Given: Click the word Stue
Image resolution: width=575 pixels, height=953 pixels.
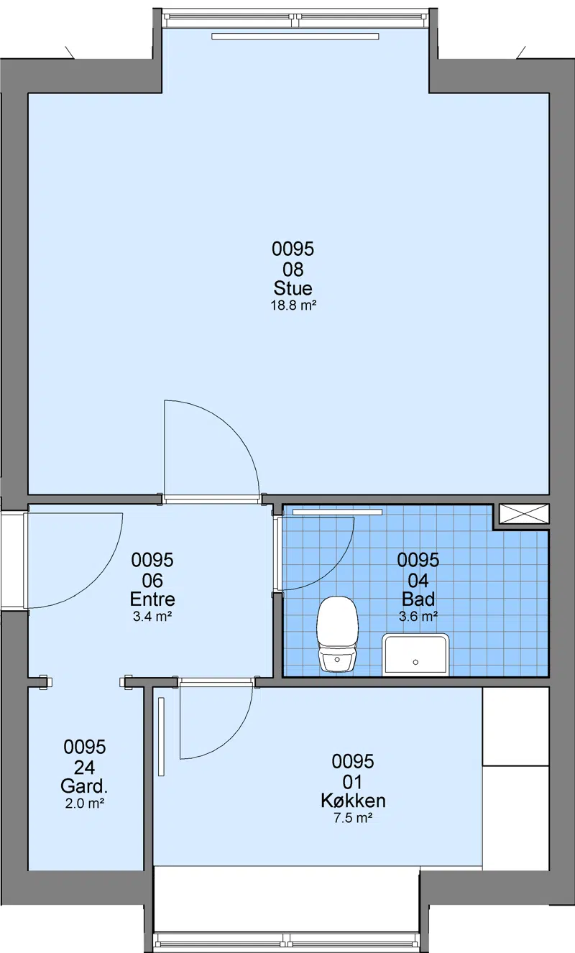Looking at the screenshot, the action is coord(293,288).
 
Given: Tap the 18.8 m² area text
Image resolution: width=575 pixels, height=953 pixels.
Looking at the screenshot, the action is coord(293,305).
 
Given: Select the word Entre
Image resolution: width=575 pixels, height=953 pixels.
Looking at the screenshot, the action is coord(152,599).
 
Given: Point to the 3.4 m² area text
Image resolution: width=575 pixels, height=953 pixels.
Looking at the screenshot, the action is coord(152,617).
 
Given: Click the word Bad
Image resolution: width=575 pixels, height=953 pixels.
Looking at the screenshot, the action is coord(418,599).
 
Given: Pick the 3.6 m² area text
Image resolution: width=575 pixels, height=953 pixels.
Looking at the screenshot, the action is coord(418,617).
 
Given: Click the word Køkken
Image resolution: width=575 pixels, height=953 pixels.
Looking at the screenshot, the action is coord(353,801).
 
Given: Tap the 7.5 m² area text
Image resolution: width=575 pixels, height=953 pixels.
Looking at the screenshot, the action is coord(353,818).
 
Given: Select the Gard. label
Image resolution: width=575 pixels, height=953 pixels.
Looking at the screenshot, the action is coord(84,786).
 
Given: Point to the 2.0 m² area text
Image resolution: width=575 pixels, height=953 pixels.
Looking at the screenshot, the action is coord(85,804).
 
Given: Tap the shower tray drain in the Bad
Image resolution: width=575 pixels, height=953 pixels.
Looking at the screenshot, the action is coord(415,662).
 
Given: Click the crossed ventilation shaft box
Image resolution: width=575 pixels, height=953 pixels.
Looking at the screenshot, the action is coord(524,514).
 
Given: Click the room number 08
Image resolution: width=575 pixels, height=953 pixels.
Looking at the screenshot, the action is coord(293,270).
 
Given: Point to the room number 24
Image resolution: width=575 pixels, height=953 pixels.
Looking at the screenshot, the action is coord(84,768).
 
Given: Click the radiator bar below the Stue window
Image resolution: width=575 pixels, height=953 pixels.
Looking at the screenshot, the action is coord(295,37).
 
